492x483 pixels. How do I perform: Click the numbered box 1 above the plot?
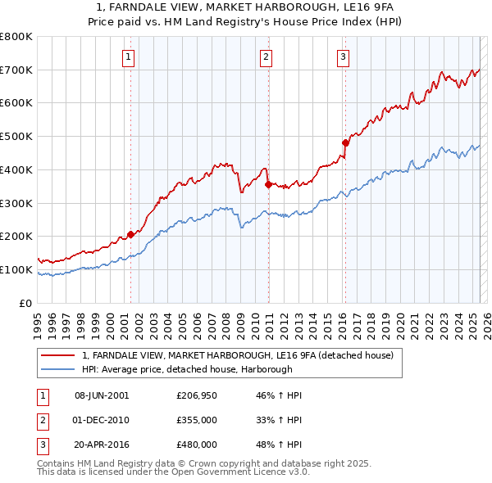click(x=130, y=56)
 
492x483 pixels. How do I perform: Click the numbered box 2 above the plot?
click(x=267, y=56)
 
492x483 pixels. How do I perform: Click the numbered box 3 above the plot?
click(x=343, y=56)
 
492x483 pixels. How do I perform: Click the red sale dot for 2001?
click(x=130, y=235)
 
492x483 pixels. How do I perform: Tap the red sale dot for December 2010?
click(x=268, y=184)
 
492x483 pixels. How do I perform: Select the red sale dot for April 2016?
click(x=345, y=142)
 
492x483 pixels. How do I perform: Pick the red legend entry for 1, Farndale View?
click(x=238, y=355)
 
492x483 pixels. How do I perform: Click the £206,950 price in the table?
click(x=196, y=395)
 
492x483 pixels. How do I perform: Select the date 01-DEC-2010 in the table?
click(x=102, y=420)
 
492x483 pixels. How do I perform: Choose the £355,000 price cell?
click(x=196, y=420)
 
